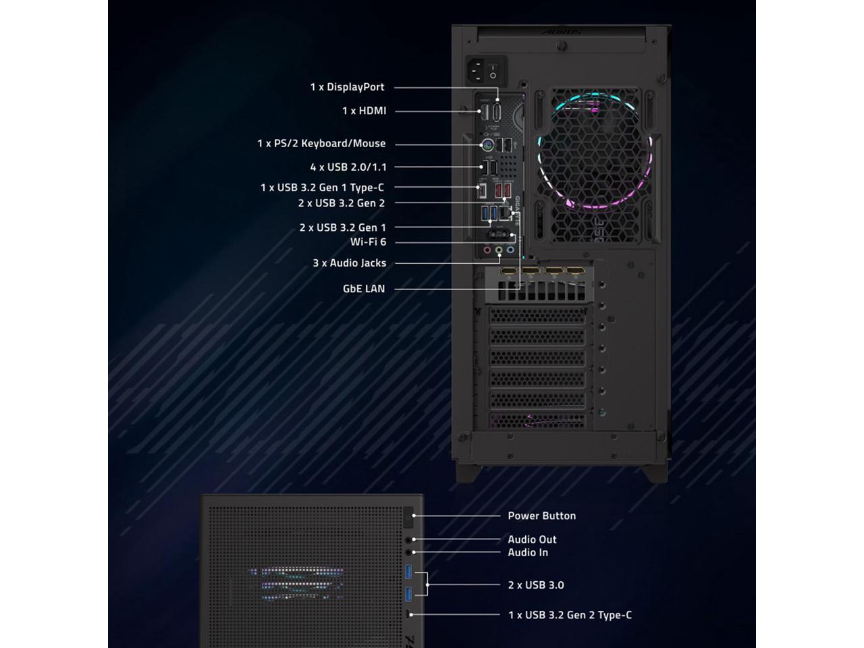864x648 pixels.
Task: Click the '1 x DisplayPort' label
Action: tap(347, 87)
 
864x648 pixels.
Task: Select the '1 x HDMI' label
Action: tap(364, 111)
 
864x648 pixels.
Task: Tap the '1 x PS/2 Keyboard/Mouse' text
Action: tap(321, 143)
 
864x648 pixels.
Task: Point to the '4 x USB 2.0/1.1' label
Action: tap(348, 167)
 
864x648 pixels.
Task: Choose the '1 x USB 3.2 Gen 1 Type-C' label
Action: tap(322, 188)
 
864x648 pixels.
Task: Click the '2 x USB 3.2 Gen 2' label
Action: tap(342, 203)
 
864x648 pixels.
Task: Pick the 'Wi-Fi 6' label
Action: tap(368, 242)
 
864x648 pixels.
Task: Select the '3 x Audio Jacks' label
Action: tap(349, 263)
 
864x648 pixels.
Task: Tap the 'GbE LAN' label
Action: tap(364, 289)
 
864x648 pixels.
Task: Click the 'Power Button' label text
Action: tap(541, 516)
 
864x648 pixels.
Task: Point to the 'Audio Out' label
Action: tap(532, 539)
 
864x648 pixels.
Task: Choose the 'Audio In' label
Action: tap(528, 552)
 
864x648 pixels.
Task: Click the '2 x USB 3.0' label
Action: tap(536, 585)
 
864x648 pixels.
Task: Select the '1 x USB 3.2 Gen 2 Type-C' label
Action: tap(570, 615)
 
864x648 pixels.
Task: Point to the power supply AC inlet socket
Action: tap(476, 69)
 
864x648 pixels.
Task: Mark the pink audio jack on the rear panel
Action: tap(487, 250)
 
